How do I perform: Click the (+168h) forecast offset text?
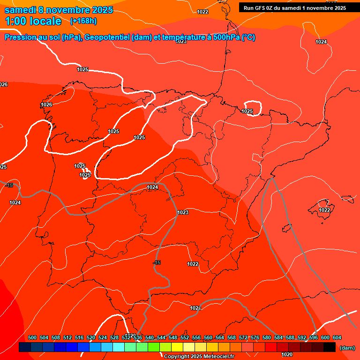click(83, 21)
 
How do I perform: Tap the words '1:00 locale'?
click(33, 21)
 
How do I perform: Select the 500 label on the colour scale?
click(32, 337)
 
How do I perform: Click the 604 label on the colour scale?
click(337, 337)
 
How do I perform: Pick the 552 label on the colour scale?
click(185, 337)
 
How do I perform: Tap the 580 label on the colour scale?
click(267, 337)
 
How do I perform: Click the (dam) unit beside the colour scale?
click(347, 348)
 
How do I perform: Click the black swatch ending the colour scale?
click(330, 347)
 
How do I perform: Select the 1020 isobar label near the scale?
click(287, 354)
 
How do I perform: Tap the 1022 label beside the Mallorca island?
click(324, 210)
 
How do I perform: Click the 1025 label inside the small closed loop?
click(247, 111)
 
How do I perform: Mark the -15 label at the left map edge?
click(9, 186)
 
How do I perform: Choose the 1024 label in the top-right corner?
click(321, 42)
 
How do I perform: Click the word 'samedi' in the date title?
click(20, 10)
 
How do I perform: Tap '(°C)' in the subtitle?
click(248, 37)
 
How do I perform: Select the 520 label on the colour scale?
click(91, 337)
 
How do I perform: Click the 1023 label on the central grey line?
click(183, 212)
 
